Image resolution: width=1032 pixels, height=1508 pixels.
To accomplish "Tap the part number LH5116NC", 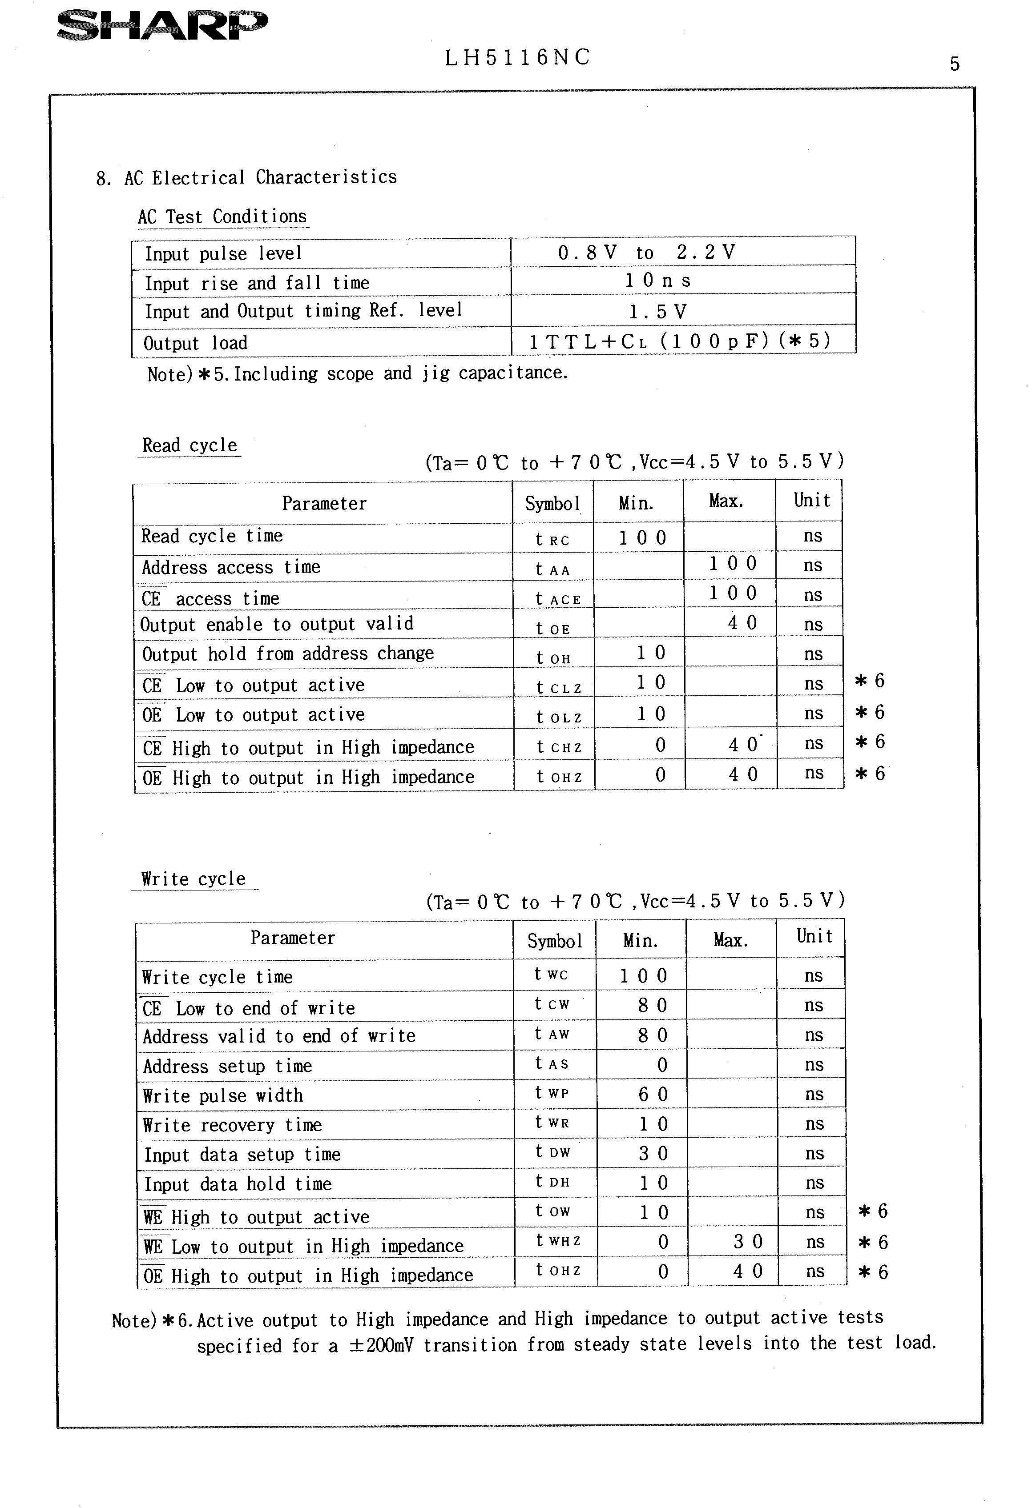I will click(517, 58).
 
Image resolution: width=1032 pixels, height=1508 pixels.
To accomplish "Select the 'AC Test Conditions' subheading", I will click(222, 217).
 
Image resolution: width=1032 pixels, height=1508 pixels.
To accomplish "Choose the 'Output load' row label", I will click(195, 343).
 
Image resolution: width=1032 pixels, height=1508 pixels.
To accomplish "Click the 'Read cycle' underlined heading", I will click(189, 446).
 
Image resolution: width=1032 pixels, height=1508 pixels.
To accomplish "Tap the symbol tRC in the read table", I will click(552, 539).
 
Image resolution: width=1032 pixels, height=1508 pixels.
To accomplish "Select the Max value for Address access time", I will click(732, 564).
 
